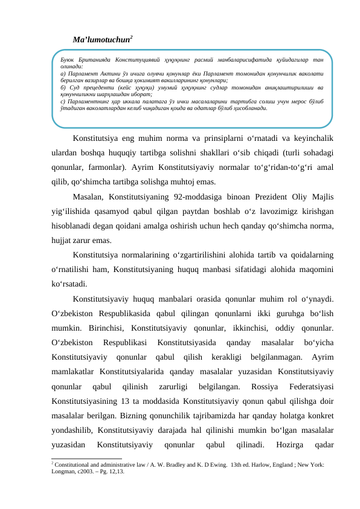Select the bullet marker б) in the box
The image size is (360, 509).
(x=56, y=89)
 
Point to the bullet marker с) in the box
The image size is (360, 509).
(x=56, y=102)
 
